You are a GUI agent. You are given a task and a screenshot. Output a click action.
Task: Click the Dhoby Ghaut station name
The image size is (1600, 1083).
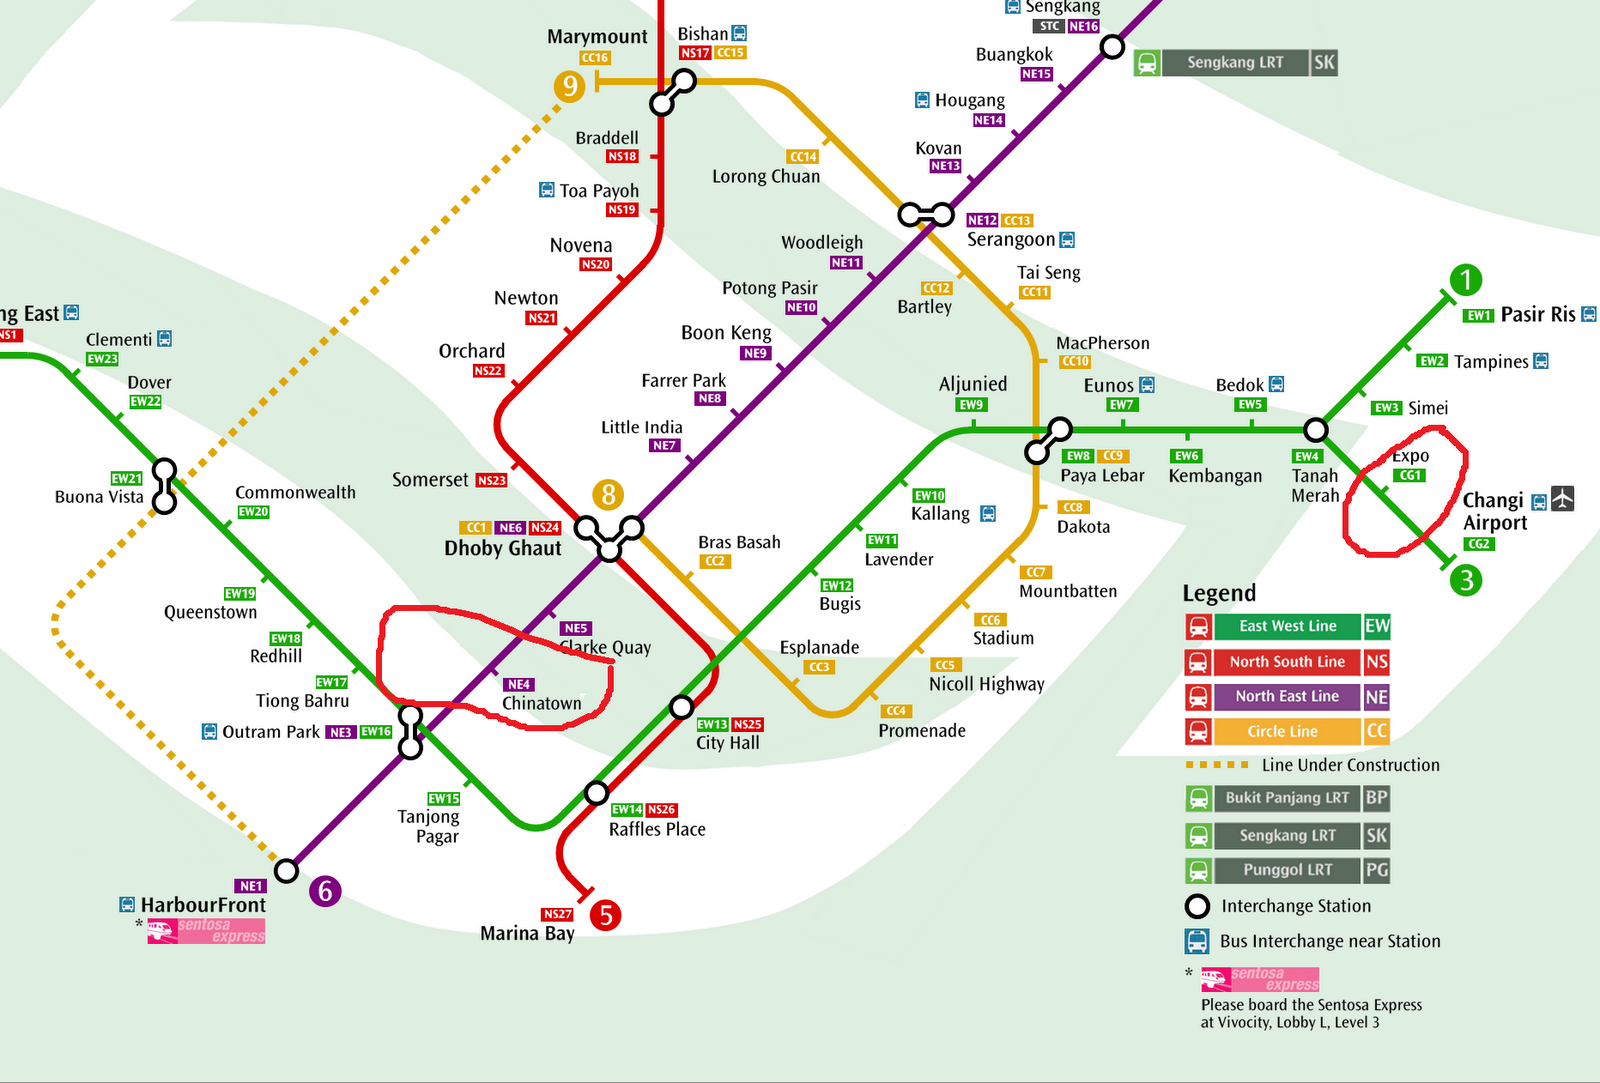(x=503, y=548)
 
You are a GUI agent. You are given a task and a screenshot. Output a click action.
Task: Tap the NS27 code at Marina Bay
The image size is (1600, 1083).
(x=558, y=914)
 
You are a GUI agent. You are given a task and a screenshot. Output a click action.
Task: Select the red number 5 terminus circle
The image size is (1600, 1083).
(x=605, y=915)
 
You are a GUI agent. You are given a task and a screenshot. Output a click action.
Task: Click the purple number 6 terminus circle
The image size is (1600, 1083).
(x=325, y=891)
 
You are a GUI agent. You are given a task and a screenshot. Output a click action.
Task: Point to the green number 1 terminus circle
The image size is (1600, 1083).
(x=1465, y=280)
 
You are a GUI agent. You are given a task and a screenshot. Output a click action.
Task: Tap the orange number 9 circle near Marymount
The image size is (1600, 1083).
(x=569, y=86)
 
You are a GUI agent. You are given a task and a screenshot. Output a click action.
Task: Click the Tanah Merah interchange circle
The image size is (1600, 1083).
(x=1316, y=430)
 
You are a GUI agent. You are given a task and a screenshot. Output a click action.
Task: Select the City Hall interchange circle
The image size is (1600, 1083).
(x=681, y=707)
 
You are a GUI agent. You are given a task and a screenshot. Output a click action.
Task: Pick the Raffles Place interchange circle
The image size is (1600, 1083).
(x=596, y=793)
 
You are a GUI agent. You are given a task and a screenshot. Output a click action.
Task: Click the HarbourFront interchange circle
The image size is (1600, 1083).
(x=287, y=870)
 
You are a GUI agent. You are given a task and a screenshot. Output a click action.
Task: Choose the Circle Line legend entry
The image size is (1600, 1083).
(x=1287, y=731)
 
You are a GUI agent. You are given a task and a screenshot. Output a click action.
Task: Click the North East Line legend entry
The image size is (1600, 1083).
(x=1287, y=696)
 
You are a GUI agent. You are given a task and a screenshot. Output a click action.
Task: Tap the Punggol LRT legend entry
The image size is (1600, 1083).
(x=1287, y=870)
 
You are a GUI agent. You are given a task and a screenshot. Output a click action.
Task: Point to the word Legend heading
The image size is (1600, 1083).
(x=1219, y=593)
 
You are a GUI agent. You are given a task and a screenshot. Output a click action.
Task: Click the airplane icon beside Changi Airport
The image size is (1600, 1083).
(x=1563, y=498)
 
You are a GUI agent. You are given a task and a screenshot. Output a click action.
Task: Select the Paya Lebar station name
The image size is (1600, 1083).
(x=1102, y=476)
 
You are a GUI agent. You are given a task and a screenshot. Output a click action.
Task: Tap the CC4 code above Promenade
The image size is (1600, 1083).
(x=896, y=711)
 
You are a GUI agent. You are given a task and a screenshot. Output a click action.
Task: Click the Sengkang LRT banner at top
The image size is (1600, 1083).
(x=1235, y=63)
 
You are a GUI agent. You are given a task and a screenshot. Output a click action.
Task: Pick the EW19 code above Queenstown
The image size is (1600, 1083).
(x=240, y=594)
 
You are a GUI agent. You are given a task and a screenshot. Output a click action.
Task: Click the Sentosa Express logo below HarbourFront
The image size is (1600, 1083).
(x=206, y=931)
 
